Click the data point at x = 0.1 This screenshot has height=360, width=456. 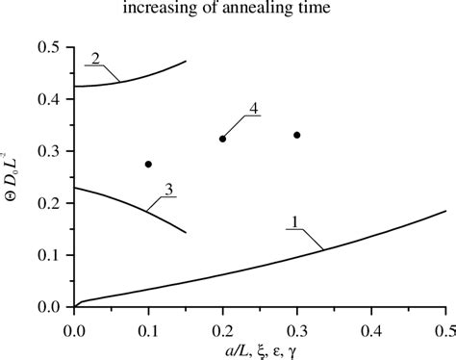click(148, 165)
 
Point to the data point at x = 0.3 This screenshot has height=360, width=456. click(297, 135)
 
